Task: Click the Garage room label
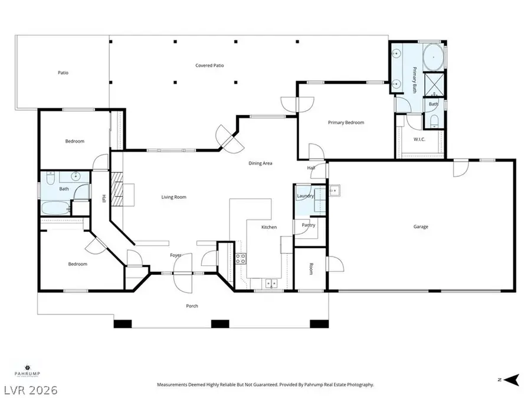pyautogui.click(x=421, y=227)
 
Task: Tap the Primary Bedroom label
pyautogui.click(x=346, y=123)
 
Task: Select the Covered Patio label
pyautogui.click(x=209, y=65)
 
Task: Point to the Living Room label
pyautogui.click(x=174, y=197)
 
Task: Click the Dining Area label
pyautogui.click(x=260, y=163)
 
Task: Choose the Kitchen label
pyautogui.click(x=269, y=227)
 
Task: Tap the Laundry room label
pyautogui.click(x=305, y=196)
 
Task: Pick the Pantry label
pyautogui.click(x=308, y=225)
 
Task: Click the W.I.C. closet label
pyautogui.click(x=420, y=140)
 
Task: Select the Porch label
pyautogui.click(x=192, y=306)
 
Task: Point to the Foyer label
pyautogui.click(x=176, y=255)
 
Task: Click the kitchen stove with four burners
pyautogui.click(x=241, y=258)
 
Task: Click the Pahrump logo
pyautogui.click(x=20, y=369)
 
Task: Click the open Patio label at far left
pyautogui.click(x=63, y=73)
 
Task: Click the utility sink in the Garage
pyautogui.click(x=334, y=190)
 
